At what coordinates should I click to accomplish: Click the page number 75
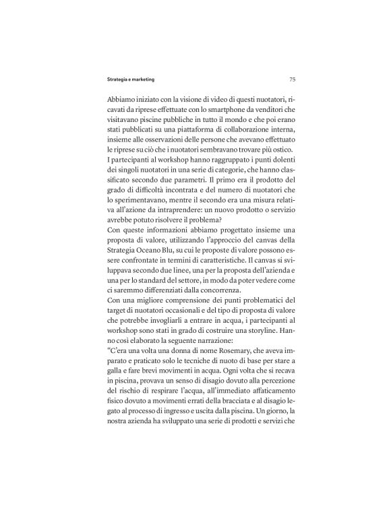tap(291, 79)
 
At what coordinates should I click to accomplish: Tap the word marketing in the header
tap(141, 79)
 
